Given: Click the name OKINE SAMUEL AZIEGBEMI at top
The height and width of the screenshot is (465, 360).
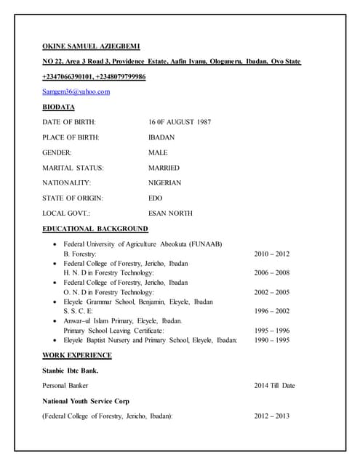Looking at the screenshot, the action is tap(97, 46).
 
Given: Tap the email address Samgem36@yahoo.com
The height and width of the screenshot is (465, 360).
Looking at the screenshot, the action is tap(76, 92).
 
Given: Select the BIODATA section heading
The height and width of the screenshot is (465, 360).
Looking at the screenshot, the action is tap(58, 107).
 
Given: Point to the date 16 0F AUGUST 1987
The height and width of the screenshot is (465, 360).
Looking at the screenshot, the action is tap(180, 122).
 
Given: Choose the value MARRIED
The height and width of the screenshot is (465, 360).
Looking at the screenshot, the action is tap(164, 168).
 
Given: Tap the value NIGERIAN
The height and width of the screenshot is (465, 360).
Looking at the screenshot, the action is tap(165, 183).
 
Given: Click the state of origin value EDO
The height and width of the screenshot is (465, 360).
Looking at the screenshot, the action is tap(156, 198).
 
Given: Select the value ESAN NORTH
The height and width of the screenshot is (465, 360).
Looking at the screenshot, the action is tap(170, 214).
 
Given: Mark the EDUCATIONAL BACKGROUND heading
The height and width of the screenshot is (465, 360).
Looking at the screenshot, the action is tap(95, 229).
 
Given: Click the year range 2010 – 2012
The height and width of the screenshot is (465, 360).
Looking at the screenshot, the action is tap(271, 254).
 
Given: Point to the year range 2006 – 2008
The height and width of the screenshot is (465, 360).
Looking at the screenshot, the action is tap(271, 273).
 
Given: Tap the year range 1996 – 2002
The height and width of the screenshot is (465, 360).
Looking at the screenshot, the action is tap(271, 311).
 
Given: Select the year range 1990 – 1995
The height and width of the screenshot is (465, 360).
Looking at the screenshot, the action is tap(271, 340).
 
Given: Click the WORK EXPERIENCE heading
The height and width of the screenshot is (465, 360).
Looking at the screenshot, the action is tap(77, 355).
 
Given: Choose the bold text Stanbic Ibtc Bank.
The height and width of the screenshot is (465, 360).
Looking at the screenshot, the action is tap(71, 371).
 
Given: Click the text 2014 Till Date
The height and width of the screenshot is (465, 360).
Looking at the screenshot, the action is tap(274, 386).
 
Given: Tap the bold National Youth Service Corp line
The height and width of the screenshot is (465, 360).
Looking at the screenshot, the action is tap(89, 401).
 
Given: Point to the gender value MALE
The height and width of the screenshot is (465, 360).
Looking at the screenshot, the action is tap(158, 153).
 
